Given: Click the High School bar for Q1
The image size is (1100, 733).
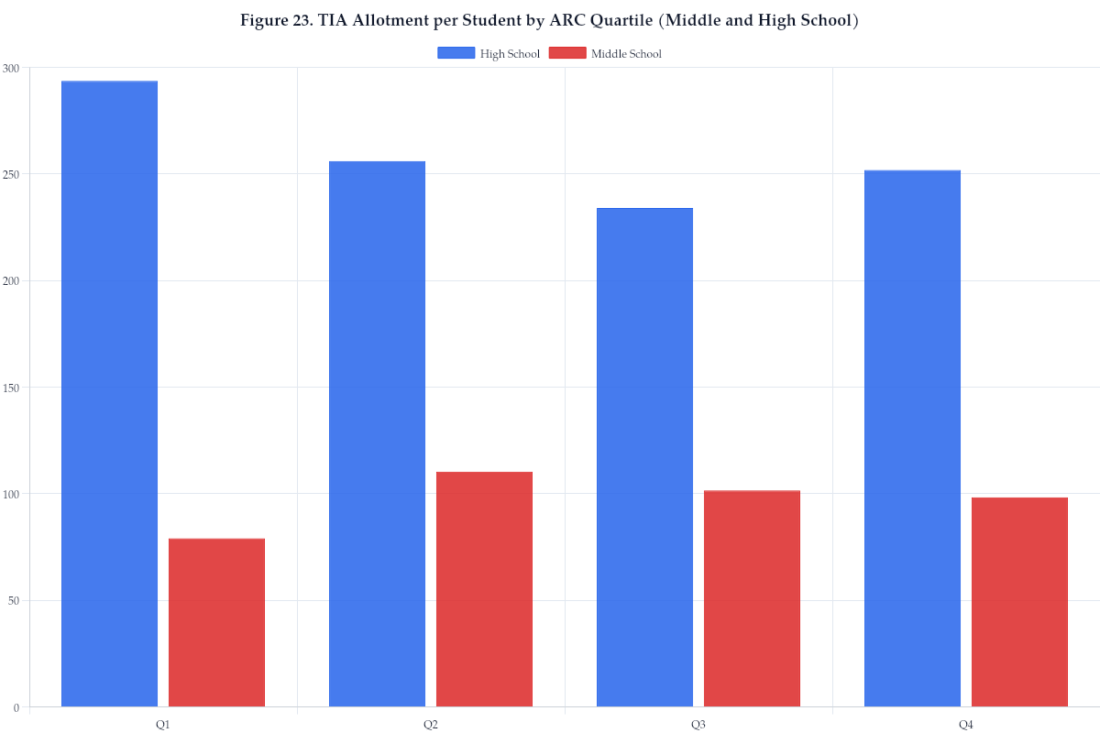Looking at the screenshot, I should (x=109, y=394).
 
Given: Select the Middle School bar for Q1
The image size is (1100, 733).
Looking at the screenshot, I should (x=216, y=623).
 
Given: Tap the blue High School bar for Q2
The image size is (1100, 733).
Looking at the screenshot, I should (x=377, y=434).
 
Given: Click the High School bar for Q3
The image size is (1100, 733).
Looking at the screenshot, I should (x=644, y=457).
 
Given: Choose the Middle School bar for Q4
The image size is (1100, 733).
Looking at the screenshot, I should (x=1019, y=602).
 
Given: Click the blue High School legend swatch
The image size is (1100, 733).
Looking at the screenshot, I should (x=456, y=53).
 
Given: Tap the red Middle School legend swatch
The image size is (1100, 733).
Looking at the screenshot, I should (x=566, y=53).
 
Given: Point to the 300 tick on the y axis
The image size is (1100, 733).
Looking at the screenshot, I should (x=11, y=68).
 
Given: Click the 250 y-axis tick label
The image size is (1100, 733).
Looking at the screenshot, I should (x=11, y=174).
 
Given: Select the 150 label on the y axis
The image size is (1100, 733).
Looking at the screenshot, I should (x=11, y=388).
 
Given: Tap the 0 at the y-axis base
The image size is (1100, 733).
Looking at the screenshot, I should (x=16, y=707).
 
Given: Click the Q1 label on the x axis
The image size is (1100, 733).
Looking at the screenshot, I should (x=162, y=725).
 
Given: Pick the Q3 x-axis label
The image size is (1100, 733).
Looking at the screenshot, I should (x=698, y=725).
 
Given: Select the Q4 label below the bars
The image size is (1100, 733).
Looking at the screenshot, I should (x=965, y=725).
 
